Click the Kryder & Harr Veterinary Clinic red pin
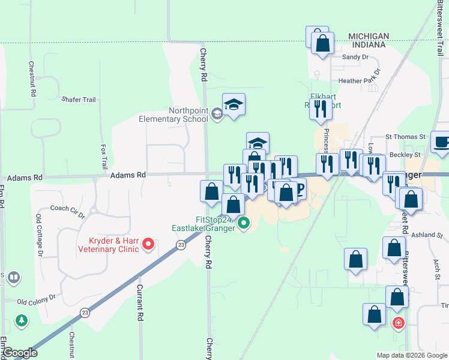(148, 244)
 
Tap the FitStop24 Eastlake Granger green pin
(244, 224)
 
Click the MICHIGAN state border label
(369, 36)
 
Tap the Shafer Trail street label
(78, 99)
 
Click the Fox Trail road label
(103, 156)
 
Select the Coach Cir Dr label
(67, 208)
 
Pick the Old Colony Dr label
(35, 297)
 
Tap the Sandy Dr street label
(354, 58)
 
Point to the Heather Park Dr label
(360, 80)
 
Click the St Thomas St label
(405, 137)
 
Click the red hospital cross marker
(398, 323)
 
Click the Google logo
(20, 353)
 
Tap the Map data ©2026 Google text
(411, 355)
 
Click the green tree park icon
(22, 321)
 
